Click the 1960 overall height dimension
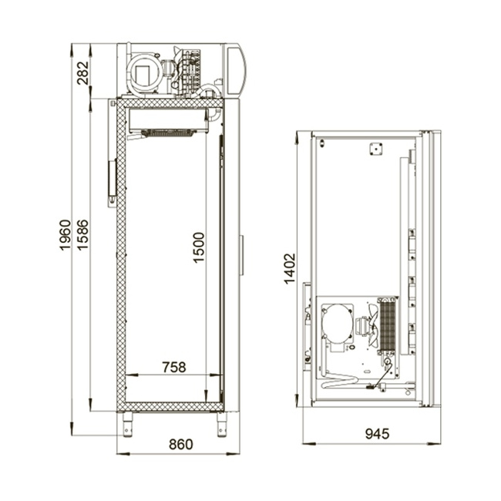65,235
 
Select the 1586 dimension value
82,235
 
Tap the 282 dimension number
83,73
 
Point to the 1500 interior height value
198,247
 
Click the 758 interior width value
174,367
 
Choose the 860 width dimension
181,445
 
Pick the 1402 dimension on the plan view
290,269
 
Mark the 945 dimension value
378,434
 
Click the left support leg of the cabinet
127,425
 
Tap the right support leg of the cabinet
221,425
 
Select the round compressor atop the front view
144,73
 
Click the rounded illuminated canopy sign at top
236,69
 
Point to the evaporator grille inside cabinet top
168,133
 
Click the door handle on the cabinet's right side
242,255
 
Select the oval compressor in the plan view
338,321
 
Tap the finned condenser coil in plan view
388,326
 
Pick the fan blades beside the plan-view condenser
374,325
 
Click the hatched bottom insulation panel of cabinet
170,407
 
